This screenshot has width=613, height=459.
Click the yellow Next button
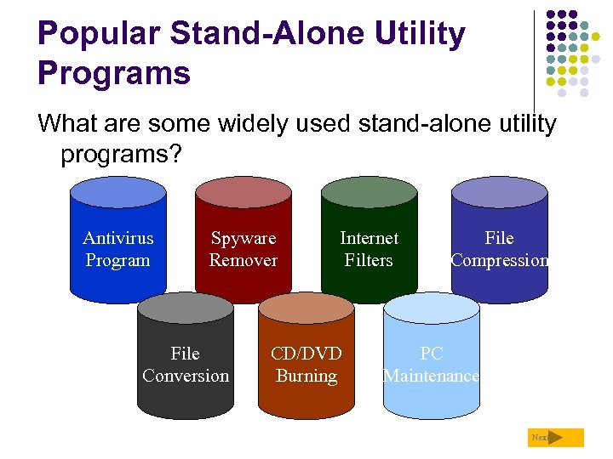tap(556, 438)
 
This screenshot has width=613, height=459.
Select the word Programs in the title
tap(114, 73)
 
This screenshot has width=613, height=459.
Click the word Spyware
tap(243, 239)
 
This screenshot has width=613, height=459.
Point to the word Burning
tap(306, 376)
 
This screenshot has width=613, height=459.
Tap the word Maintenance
tap(432, 376)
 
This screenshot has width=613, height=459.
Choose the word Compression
tap(500, 261)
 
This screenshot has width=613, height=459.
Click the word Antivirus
tap(117, 239)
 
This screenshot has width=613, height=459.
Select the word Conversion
tap(186, 376)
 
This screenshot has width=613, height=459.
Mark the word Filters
tap(369, 261)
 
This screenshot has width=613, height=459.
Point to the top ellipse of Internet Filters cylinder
tap(369, 192)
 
